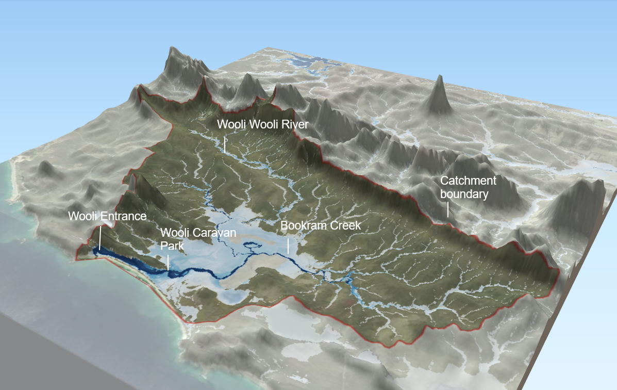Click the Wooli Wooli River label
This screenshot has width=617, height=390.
tap(262, 125)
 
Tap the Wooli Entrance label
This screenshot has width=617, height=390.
tap(107, 216)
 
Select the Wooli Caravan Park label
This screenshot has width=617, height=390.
tap(198, 239)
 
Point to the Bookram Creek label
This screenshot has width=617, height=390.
tap(320, 225)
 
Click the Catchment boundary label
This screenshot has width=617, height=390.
tap(468, 187)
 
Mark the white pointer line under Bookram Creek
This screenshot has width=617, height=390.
tap(288, 246)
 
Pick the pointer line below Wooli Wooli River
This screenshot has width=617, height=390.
tap(225, 144)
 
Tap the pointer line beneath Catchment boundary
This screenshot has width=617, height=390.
tap(447, 209)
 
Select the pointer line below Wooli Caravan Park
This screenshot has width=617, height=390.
tap(168, 262)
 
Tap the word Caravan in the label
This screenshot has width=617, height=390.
tap(218, 233)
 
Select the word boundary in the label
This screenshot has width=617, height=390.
tap(464, 194)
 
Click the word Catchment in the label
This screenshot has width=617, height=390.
tap(468, 181)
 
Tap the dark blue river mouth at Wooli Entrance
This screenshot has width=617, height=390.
tap(103, 251)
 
